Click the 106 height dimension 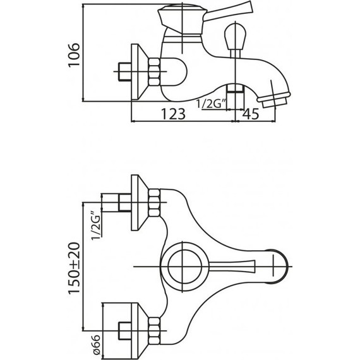(x=74, y=55)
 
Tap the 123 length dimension (x=173, y=114)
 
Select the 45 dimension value (x=251, y=114)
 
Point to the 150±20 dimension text (x=74, y=268)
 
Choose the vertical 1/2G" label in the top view (x=96, y=225)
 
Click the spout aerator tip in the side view (x=274, y=99)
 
